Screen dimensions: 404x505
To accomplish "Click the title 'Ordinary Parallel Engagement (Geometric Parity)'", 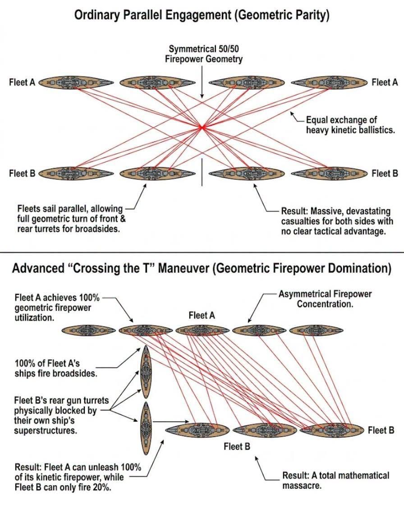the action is [202, 15].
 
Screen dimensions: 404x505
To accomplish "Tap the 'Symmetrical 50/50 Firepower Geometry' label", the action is [204, 54].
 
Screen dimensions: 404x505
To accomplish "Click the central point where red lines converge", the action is [202, 128].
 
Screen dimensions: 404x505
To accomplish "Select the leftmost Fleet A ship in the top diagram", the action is [76, 83].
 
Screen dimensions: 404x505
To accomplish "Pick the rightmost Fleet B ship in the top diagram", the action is [329, 174].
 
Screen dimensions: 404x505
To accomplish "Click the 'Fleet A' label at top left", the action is [22, 83].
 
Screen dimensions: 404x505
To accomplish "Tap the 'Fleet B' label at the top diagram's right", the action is [385, 174].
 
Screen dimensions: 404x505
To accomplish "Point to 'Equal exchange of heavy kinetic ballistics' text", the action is [350, 125].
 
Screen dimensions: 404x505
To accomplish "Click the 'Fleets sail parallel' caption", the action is [71, 219].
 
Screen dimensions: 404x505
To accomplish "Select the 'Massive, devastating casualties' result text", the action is [337, 221].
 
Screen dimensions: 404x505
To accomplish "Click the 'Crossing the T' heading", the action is [202, 268].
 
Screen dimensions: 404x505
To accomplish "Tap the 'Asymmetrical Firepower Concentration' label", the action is [325, 299].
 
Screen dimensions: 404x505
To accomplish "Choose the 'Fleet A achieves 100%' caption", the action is [57, 308].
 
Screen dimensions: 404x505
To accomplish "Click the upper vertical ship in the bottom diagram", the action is [146, 372].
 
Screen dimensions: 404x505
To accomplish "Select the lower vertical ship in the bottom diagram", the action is [146, 428].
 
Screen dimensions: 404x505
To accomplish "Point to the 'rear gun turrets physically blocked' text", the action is [61, 415].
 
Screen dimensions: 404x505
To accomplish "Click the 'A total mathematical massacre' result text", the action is [336, 480].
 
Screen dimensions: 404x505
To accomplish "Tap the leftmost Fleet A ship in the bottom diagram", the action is [88, 331].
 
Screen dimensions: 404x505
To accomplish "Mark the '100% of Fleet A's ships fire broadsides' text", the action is [56, 368].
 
